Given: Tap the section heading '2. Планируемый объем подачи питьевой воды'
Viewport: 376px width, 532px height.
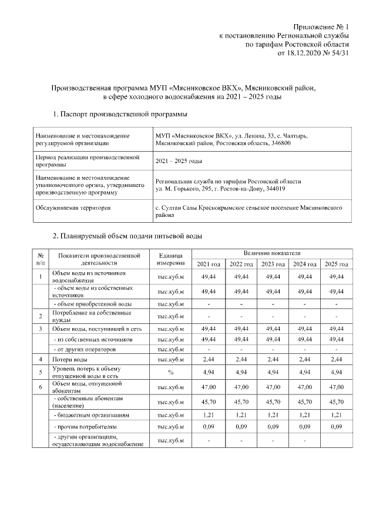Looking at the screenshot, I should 127,236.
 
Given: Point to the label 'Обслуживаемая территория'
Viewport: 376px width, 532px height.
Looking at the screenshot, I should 73,208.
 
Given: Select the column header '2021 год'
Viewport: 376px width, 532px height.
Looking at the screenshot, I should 209,264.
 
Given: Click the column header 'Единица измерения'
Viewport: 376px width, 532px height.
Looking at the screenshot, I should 171,259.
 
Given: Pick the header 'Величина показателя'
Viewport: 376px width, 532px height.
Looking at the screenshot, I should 272,252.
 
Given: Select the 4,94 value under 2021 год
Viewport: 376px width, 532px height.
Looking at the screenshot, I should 209,372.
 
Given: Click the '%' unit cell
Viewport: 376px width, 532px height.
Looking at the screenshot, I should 171,372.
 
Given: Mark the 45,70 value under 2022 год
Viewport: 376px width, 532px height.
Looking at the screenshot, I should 240,402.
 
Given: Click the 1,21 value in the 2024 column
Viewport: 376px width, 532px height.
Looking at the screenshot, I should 304,415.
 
